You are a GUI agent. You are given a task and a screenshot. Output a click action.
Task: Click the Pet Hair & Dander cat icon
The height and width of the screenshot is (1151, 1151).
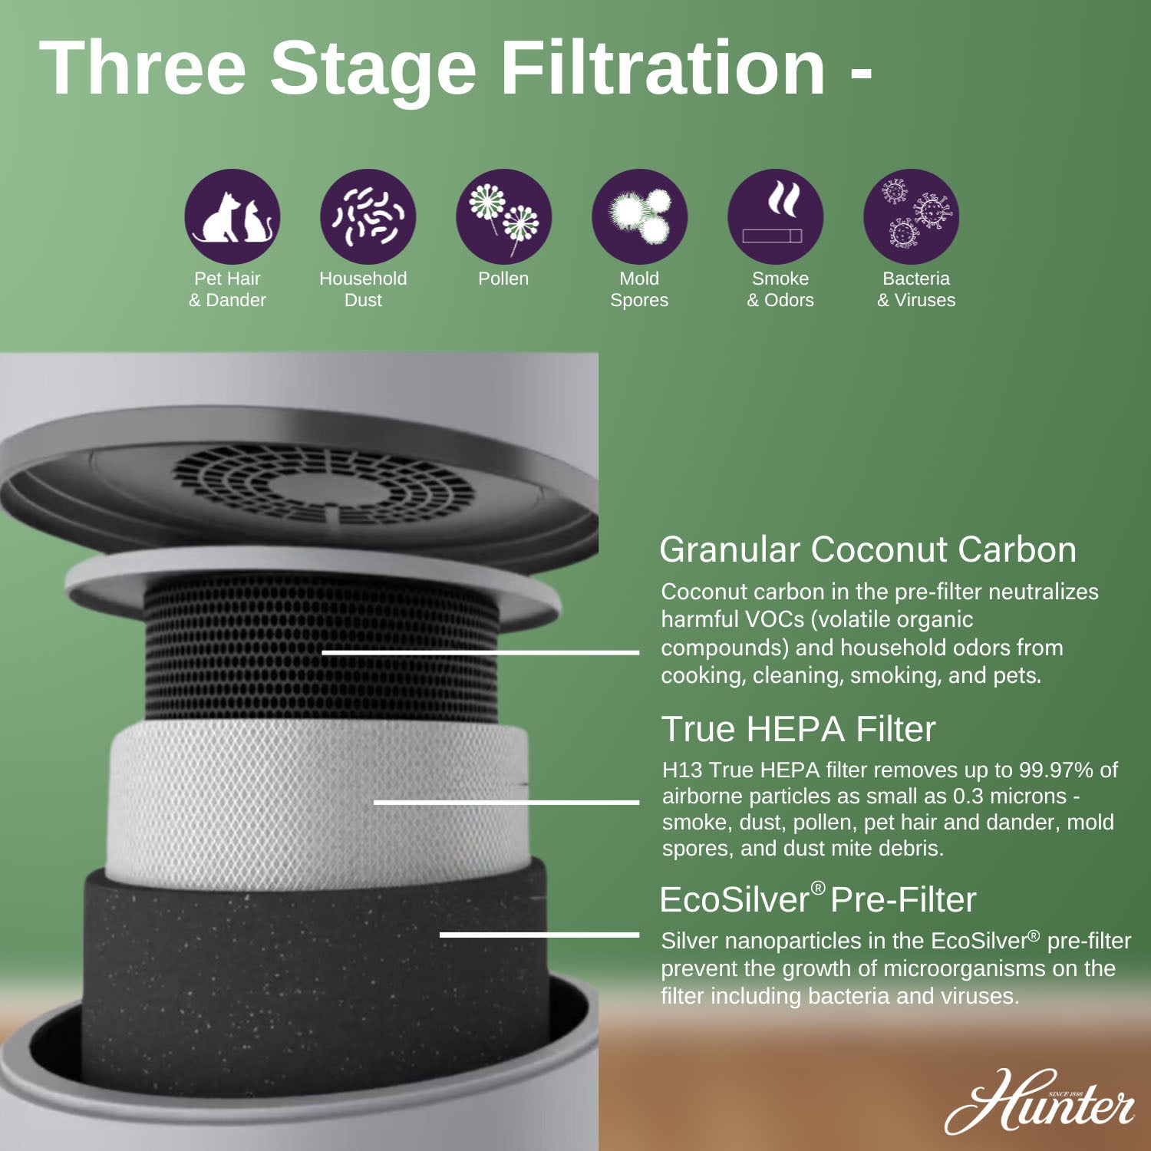pyautogui.click(x=233, y=216)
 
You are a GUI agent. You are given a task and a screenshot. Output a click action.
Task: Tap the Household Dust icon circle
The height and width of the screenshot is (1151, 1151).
pyautogui.click(x=368, y=216)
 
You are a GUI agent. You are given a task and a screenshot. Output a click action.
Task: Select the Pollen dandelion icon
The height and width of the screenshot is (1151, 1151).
pyautogui.click(x=504, y=216)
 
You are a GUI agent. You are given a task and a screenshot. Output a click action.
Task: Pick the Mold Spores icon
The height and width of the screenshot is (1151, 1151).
pyautogui.click(x=639, y=216)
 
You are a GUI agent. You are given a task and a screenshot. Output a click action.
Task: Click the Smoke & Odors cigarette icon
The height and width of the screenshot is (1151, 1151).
pyautogui.click(x=775, y=216)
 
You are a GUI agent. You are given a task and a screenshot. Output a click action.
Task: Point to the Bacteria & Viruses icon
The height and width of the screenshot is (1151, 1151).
pyautogui.click(x=911, y=216)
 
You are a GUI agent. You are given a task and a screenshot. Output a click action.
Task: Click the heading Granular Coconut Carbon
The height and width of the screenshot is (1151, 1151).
pyautogui.click(x=867, y=550)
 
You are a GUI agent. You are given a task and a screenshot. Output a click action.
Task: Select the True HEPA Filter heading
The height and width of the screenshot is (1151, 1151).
pyautogui.click(x=798, y=729)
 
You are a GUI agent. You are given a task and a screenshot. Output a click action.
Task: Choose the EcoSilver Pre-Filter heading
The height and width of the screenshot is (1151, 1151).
pyautogui.click(x=817, y=899)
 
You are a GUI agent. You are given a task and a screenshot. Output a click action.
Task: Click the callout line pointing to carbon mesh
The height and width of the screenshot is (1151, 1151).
pyautogui.click(x=480, y=652)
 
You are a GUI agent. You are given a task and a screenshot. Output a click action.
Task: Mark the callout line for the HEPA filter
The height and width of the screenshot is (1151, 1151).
pyautogui.click(x=506, y=802)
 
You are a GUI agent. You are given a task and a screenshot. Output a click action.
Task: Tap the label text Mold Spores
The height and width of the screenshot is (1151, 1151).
pyautogui.click(x=639, y=289)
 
